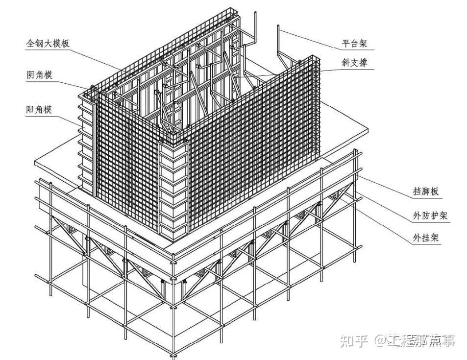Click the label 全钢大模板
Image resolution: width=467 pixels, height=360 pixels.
(48, 43)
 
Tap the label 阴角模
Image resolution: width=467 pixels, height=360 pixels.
(39, 75)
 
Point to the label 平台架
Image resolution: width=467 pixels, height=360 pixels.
(354, 44)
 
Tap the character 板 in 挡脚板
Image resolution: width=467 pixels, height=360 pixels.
(433, 192)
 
